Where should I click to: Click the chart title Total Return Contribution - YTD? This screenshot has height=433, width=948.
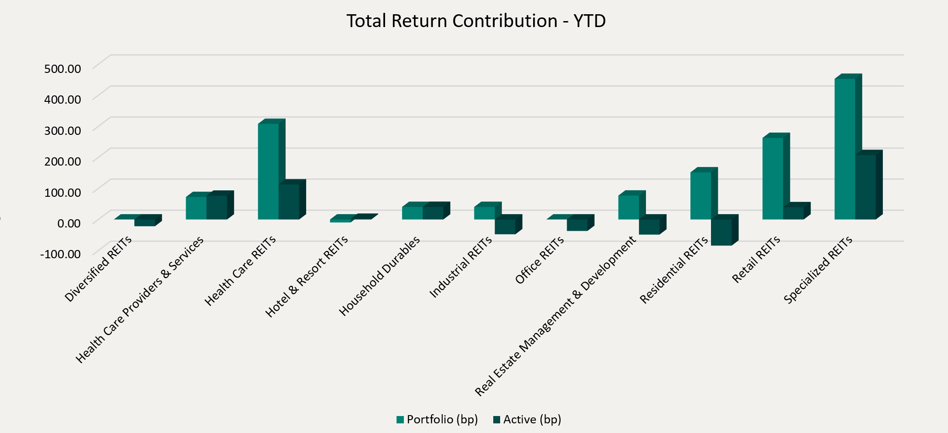tap(476, 21)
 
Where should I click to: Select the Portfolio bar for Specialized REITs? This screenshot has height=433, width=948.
tap(844, 149)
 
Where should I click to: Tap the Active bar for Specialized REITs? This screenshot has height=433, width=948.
tap(865, 187)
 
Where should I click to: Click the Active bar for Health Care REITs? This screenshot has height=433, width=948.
tap(289, 201)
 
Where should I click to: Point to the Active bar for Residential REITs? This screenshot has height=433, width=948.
tap(721, 232)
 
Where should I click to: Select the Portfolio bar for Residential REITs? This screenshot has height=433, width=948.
tap(700, 195)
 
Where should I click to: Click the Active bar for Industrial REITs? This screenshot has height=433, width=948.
tap(505, 227)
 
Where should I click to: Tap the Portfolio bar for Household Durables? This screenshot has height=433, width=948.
tap(412, 213)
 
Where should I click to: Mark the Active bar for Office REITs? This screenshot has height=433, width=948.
tap(577, 225)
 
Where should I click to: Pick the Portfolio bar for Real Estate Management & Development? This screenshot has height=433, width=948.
tap(628, 207)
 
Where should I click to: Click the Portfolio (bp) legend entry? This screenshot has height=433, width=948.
tap(437, 419)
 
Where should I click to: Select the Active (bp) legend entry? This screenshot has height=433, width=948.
tap(527, 419)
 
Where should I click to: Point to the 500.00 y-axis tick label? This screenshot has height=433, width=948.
tap(62, 68)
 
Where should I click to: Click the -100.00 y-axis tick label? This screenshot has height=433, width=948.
tap(61, 254)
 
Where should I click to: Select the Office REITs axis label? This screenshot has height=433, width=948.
tap(540, 260)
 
